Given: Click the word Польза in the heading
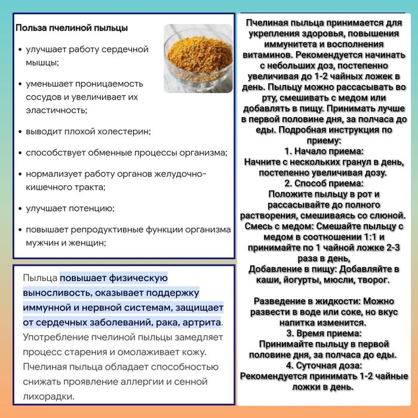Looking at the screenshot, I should (29, 28).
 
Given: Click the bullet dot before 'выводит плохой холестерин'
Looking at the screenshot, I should (20, 131).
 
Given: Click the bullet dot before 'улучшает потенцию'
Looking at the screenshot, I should (20, 208).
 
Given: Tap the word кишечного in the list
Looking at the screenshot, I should (48, 188).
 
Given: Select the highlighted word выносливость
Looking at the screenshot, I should (57, 293).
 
